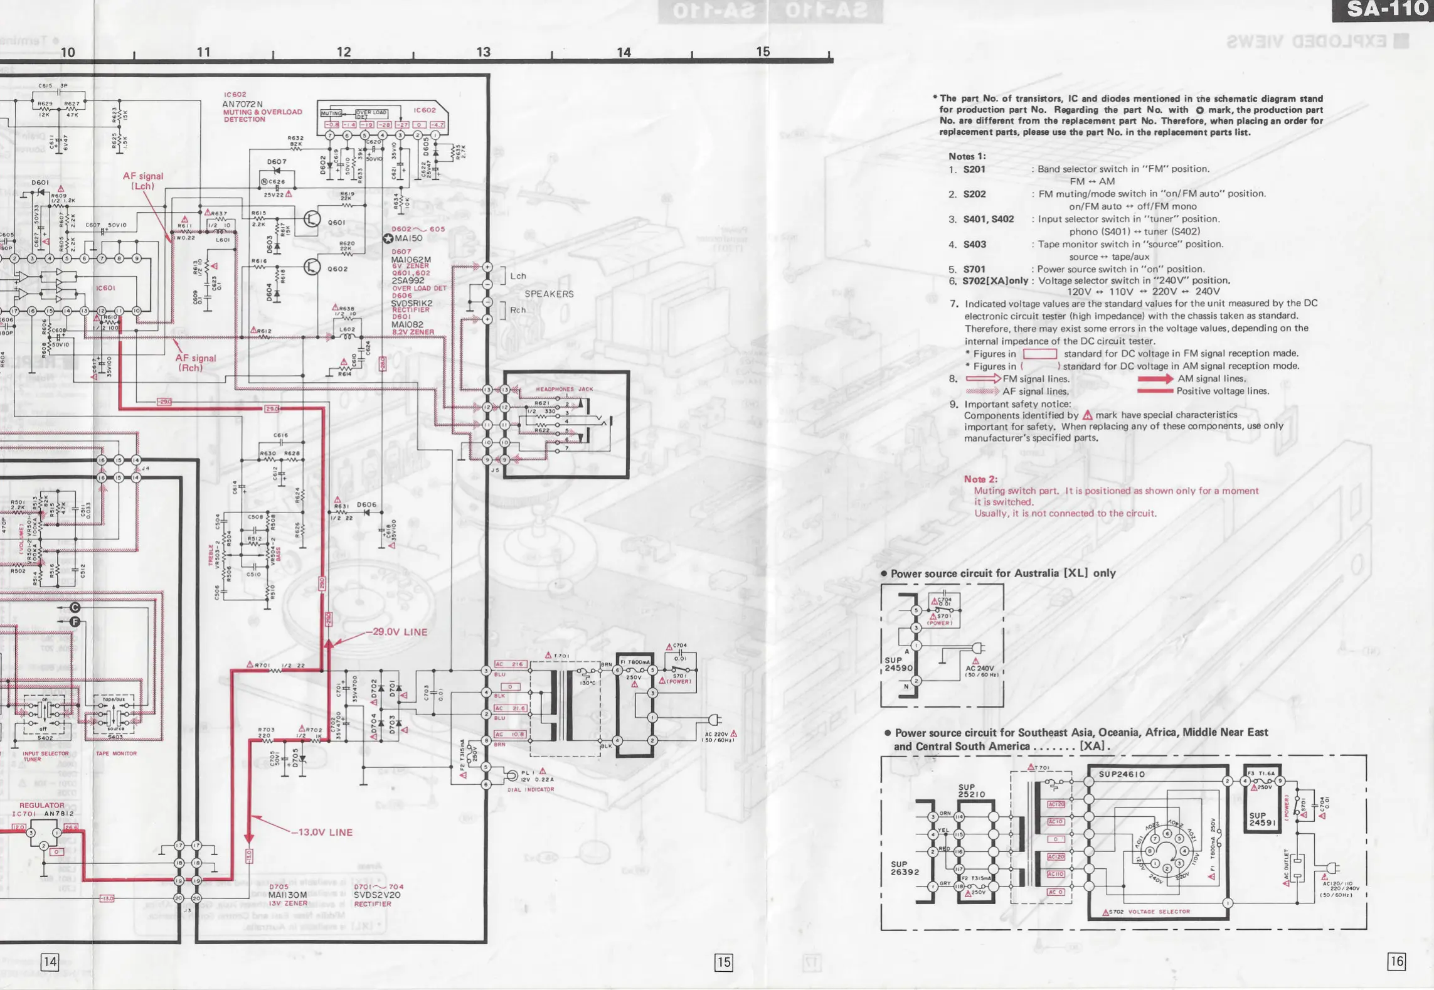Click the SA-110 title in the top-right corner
(1386, 9)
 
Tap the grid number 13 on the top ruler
(483, 52)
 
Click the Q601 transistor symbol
(312, 219)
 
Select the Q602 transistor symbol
(312, 267)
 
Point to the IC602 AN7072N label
(242, 104)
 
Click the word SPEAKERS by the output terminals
(549, 294)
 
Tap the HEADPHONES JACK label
(564, 389)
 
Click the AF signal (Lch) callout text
(143, 181)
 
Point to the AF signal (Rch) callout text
(195, 363)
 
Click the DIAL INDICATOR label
(531, 789)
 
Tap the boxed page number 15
(723, 962)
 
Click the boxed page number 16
(1396, 961)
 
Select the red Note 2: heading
(980, 479)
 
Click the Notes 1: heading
(967, 156)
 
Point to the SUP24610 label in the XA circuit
(1122, 774)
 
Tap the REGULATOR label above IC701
(41, 805)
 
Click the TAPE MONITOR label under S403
(116, 753)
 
